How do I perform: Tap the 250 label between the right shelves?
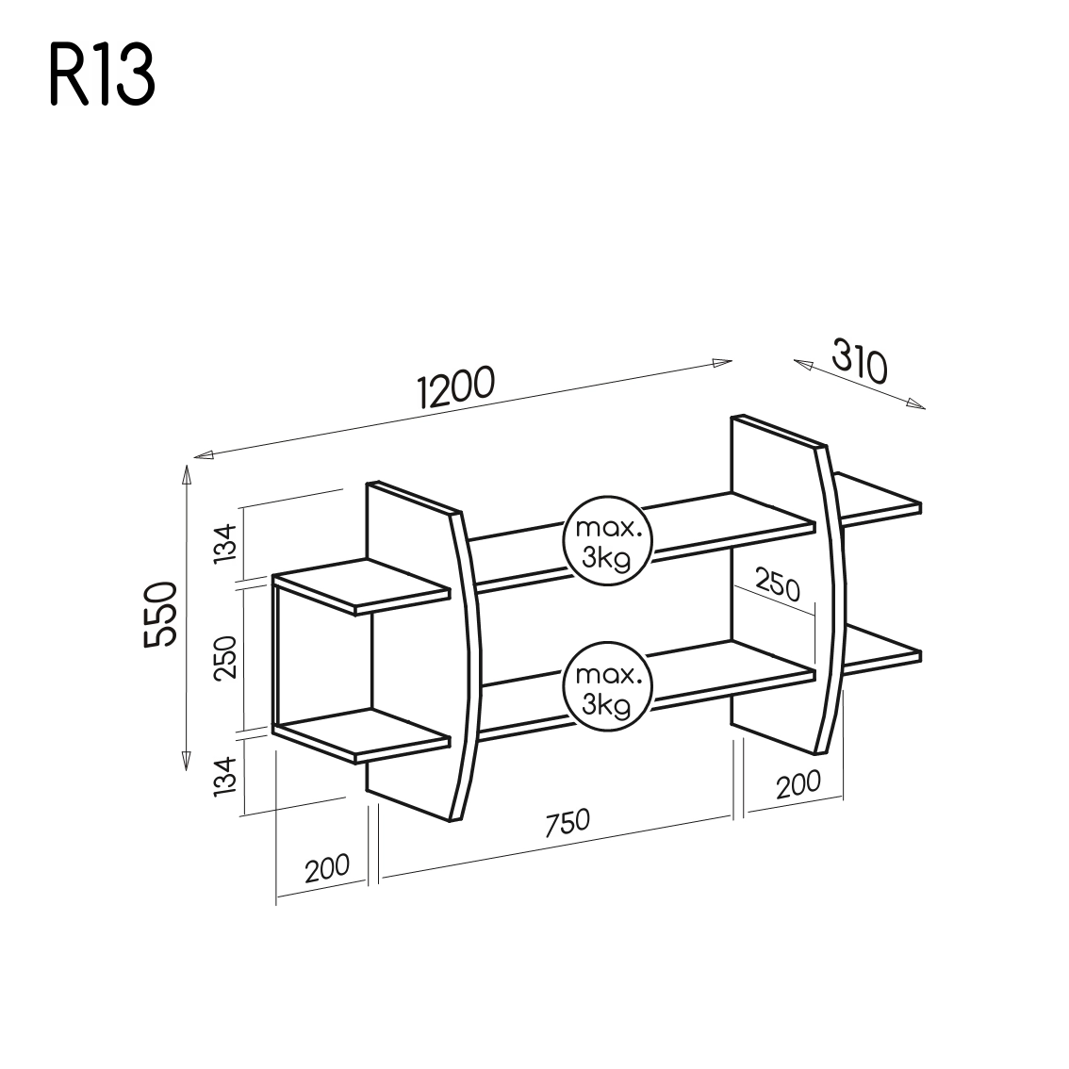pos(777,585)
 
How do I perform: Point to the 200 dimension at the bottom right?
pos(797,784)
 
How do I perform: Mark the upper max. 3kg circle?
pos(608,540)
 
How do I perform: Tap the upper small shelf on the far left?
pos(362,585)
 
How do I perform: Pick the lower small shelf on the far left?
pos(362,733)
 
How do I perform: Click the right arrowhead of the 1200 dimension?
pos(724,362)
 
